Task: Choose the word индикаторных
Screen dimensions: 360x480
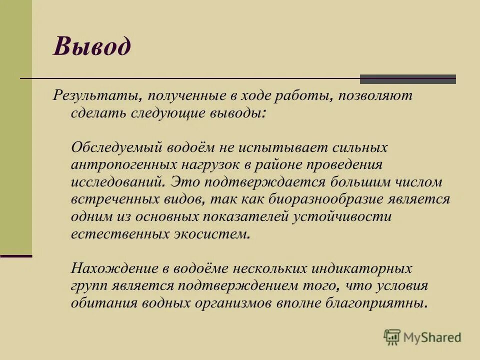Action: pyautogui.click(x=362, y=268)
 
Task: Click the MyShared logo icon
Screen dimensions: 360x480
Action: pyautogui.click(x=392, y=337)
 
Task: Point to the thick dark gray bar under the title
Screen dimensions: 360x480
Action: pyautogui.click(x=408, y=79)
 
